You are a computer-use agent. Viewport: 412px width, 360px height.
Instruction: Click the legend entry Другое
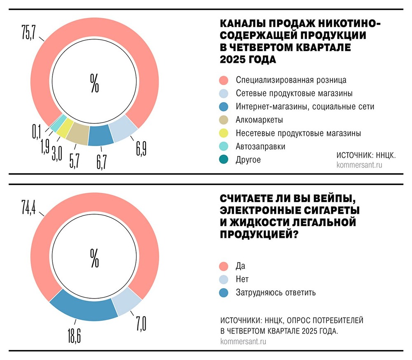[x=248, y=160]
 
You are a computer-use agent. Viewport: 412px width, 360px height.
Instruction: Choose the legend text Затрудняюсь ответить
[x=276, y=292]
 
